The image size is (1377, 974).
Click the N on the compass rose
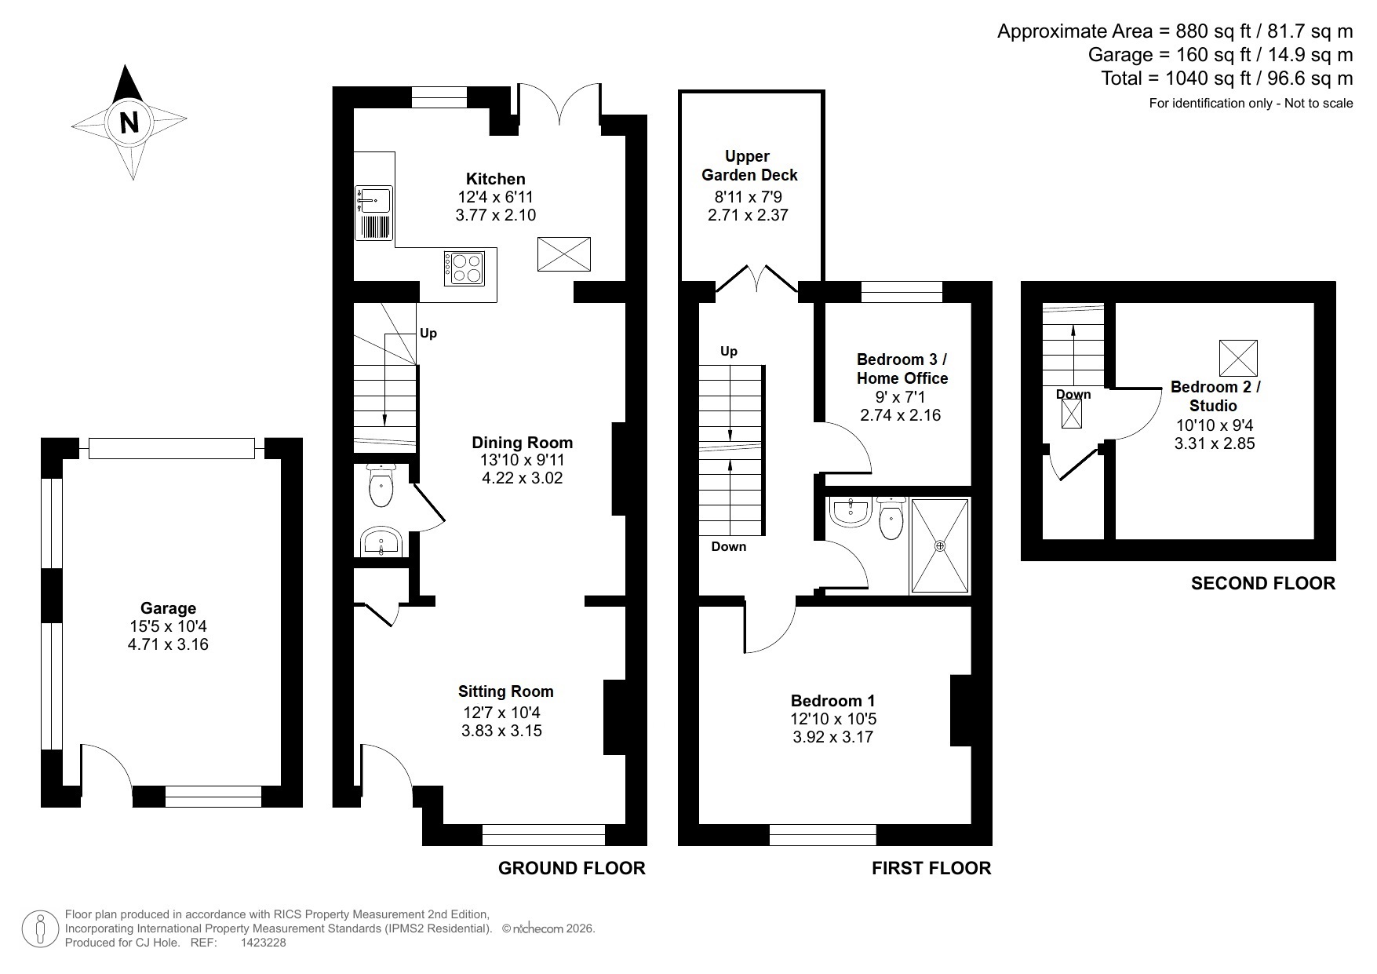coord(129,122)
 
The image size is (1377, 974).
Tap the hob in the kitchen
coord(464,268)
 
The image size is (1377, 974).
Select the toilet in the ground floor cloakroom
coord(381,486)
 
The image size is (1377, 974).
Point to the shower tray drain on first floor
coord(940,545)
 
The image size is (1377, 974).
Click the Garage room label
coord(168,608)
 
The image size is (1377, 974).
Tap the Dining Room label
coord(522,443)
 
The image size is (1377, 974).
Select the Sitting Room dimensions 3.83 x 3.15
coord(501,731)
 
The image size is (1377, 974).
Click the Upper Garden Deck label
coord(749,166)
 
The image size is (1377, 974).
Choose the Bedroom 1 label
coord(832,701)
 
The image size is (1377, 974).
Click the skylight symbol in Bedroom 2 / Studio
coord(1237,358)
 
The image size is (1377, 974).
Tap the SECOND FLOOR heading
coord(1262,583)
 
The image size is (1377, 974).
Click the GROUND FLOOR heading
coord(571,868)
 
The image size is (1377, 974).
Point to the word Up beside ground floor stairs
coord(428,334)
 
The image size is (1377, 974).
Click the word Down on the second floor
coord(1073,394)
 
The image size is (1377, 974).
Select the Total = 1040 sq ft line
coord(1226,78)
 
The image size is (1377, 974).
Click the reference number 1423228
coord(263,943)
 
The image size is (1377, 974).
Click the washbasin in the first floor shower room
coord(850,512)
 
